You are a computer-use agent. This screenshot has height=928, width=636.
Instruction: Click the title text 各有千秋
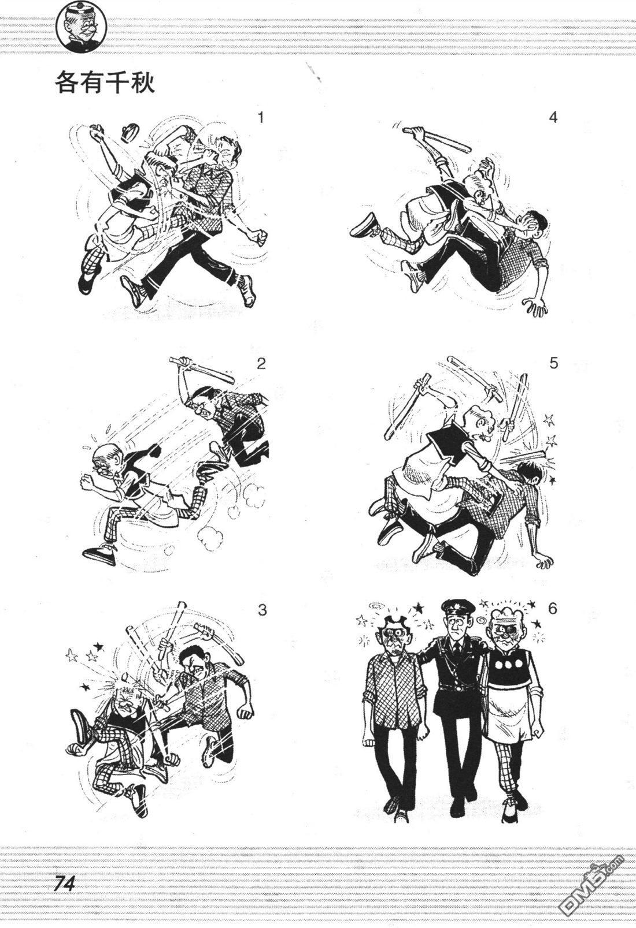105,83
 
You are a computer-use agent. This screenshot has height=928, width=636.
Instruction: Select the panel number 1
260,118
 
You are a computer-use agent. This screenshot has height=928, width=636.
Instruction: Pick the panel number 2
261,364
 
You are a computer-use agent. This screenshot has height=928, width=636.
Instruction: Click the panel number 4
553,118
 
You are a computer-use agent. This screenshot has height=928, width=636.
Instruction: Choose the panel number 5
553,363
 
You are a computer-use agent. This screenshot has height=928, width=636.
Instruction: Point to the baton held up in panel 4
437,140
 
